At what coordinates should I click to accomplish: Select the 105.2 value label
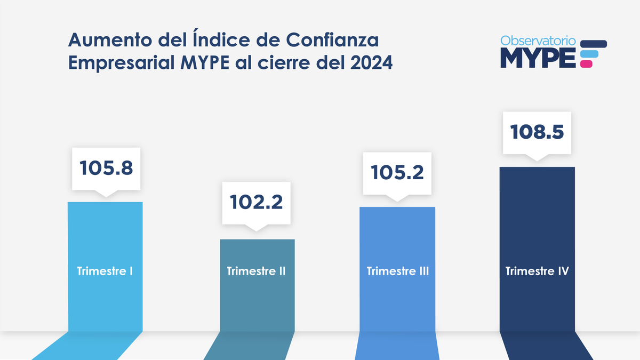[x=397, y=172]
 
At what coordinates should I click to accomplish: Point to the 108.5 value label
[x=537, y=132]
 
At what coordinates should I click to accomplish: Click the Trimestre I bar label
[x=105, y=271]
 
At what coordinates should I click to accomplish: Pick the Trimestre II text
[x=256, y=271]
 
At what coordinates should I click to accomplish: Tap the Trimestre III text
[x=398, y=271]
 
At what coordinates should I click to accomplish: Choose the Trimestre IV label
[x=537, y=271]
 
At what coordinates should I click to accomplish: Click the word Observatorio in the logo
[x=538, y=41]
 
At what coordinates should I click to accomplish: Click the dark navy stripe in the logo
[x=593, y=44]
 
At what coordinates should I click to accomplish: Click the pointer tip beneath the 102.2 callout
[x=256, y=229]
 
